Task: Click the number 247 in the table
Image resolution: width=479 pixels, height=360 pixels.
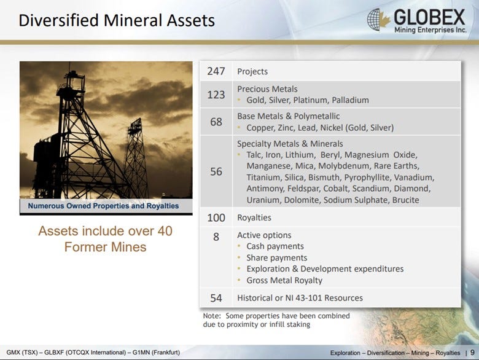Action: click(x=216, y=71)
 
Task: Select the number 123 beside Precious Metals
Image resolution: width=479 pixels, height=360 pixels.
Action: click(x=216, y=94)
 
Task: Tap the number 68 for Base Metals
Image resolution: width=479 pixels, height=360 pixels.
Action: click(x=216, y=122)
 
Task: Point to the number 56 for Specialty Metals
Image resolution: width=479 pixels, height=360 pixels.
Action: click(x=216, y=171)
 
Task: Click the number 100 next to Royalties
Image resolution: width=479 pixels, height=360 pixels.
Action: click(x=216, y=217)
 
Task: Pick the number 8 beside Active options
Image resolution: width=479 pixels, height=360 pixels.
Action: click(x=216, y=236)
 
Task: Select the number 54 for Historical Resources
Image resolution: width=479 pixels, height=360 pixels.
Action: click(x=216, y=298)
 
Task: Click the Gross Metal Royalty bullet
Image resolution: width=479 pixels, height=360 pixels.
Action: click(x=284, y=280)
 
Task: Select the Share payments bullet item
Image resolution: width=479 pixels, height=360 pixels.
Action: click(x=276, y=258)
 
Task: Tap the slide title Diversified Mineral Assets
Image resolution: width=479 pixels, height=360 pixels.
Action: click(x=117, y=20)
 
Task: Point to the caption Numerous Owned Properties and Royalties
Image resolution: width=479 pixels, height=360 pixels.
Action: click(x=103, y=206)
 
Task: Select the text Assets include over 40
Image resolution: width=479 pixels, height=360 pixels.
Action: click(x=105, y=232)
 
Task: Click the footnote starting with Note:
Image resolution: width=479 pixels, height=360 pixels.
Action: click(x=276, y=320)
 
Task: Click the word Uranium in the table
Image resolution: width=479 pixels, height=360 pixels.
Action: click(x=263, y=200)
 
